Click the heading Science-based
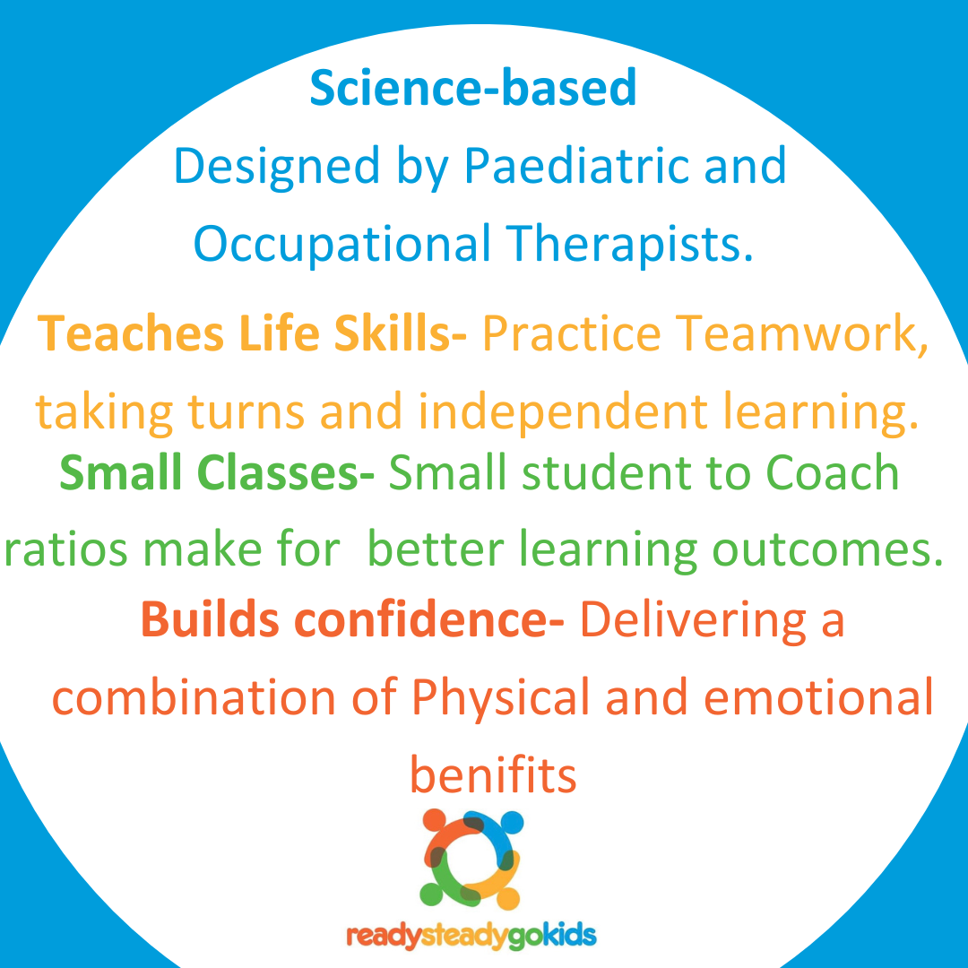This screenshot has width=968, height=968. point(473,87)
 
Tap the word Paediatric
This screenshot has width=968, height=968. point(576,166)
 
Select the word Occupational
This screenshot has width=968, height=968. point(342,245)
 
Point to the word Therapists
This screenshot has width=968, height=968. point(630,243)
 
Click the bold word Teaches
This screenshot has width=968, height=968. point(130,333)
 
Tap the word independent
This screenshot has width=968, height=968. point(562,411)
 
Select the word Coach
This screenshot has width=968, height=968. point(832,473)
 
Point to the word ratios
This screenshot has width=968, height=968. point(66,549)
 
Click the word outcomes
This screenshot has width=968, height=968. point(828,549)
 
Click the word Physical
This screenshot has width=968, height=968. point(501,697)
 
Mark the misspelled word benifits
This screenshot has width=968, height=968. point(493,774)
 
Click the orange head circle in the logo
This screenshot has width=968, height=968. point(435,820)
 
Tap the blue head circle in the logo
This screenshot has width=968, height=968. point(512,822)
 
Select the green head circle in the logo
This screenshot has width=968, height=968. point(431,894)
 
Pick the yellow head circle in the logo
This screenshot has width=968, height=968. point(508,897)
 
